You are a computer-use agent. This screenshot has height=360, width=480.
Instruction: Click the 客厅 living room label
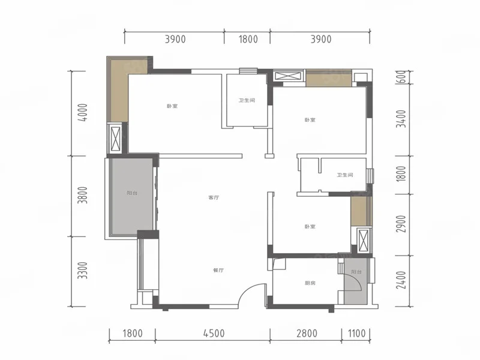pyautogui.click(x=214, y=198)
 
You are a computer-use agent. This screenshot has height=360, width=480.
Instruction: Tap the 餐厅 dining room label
pyautogui.click(x=218, y=271)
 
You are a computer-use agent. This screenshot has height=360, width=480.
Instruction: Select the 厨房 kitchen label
pyautogui.click(x=310, y=283)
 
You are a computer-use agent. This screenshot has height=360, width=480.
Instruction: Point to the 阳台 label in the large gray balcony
pyautogui.click(x=132, y=193)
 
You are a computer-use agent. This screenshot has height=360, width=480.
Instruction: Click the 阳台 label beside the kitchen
pyautogui.click(x=356, y=272)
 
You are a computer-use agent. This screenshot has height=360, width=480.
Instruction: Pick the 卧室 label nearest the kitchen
pyautogui.click(x=310, y=227)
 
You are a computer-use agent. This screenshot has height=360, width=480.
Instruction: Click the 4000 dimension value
pyautogui.click(x=83, y=113)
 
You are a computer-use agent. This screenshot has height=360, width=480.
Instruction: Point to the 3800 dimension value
pyautogui.click(x=83, y=196)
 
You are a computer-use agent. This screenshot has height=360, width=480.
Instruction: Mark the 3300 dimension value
pyautogui.click(x=83, y=271)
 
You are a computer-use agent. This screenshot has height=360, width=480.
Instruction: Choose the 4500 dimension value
pyautogui.click(x=214, y=334)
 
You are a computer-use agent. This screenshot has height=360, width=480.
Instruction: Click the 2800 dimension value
pyautogui.click(x=307, y=334)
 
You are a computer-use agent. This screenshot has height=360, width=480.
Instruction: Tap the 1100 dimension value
pyautogui.click(x=356, y=334)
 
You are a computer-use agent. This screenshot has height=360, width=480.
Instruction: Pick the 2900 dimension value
pyautogui.click(x=401, y=224)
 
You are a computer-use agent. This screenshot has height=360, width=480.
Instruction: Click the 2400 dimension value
pyautogui.click(x=401, y=280)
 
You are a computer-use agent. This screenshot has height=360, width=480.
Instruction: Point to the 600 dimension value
pyautogui.click(x=402, y=77)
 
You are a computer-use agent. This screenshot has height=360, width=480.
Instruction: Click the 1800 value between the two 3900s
pyautogui.click(x=248, y=39)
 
